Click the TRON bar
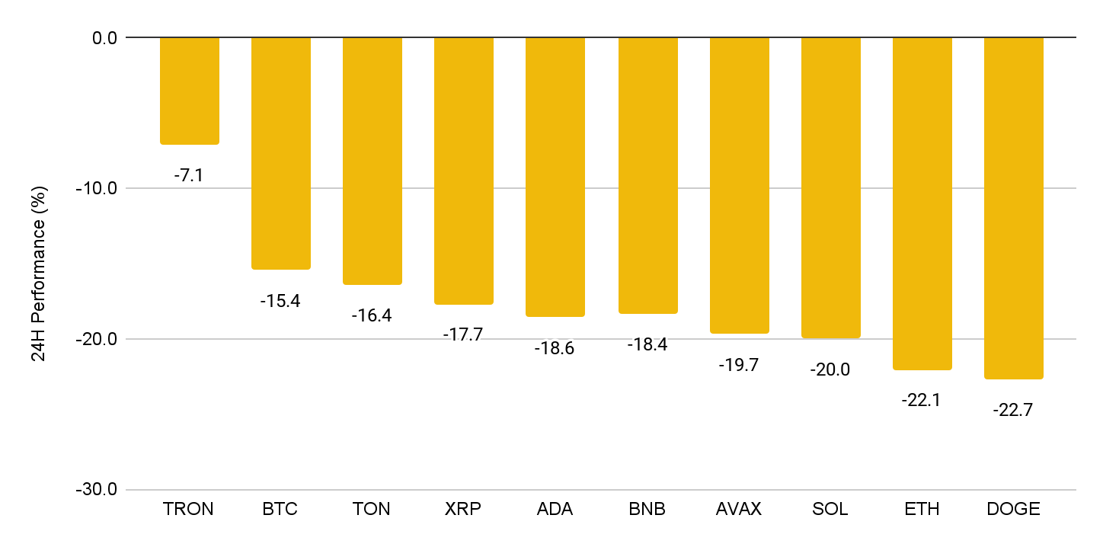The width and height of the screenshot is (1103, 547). click(190, 91)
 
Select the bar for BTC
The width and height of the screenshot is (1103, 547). click(281, 154)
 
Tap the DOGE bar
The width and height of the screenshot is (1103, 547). click(1014, 208)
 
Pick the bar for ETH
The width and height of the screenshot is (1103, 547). click(922, 204)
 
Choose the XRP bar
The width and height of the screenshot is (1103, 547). click(464, 171)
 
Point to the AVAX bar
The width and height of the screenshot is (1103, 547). click(740, 186)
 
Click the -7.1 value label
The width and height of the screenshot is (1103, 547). click(189, 175)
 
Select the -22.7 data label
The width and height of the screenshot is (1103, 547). click(1013, 410)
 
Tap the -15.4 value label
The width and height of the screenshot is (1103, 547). click(280, 301)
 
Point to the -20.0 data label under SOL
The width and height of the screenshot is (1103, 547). click(830, 369)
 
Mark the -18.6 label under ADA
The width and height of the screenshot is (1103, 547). click(555, 349)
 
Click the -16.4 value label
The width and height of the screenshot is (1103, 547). click(372, 315)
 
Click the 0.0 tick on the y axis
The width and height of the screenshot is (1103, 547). click(104, 38)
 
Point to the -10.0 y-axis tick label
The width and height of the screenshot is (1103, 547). click(97, 189)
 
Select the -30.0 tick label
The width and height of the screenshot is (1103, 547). click(97, 489)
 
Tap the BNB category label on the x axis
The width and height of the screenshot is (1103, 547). click(647, 509)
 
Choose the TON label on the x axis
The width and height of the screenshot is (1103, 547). click(371, 509)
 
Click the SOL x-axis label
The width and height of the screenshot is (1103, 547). click(830, 509)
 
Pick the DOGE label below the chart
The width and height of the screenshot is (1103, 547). click(1013, 509)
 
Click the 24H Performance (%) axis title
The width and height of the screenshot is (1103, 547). click(38, 273)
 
